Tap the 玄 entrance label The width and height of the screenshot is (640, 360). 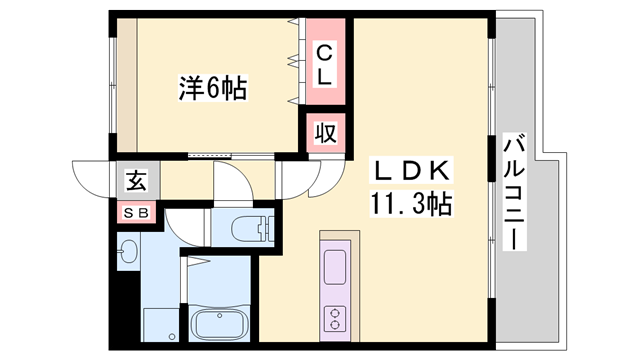click(136, 182)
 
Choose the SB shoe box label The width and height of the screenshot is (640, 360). click(136, 212)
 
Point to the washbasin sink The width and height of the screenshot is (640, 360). click(128, 252)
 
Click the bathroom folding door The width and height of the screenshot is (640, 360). click(198, 262)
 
